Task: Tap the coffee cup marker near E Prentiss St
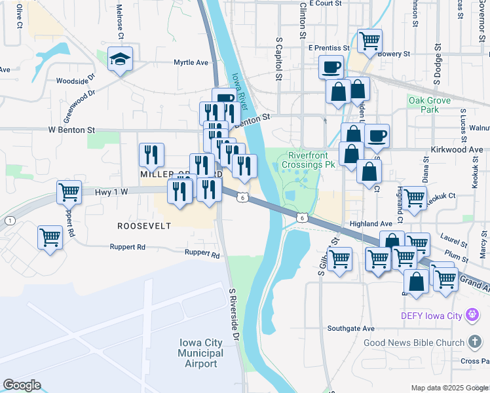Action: pos(331,67)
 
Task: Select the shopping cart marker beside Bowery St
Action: pos(369,41)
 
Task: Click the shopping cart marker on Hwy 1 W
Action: pos(69,193)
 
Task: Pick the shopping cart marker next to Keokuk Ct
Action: pos(414,197)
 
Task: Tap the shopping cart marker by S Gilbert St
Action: pos(339,259)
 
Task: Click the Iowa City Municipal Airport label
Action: pos(200,353)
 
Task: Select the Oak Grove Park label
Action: pos(429,105)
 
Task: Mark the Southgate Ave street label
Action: pos(350,328)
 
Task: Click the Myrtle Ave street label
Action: pos(191,63)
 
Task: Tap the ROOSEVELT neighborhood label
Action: pos(144,226)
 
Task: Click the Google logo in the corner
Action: pos(22,385)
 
